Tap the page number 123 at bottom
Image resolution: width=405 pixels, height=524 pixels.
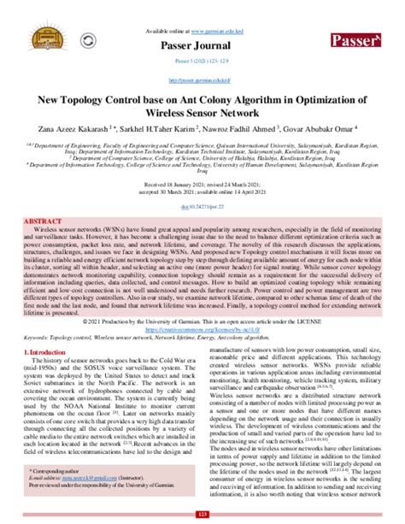(x=202, y=513)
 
